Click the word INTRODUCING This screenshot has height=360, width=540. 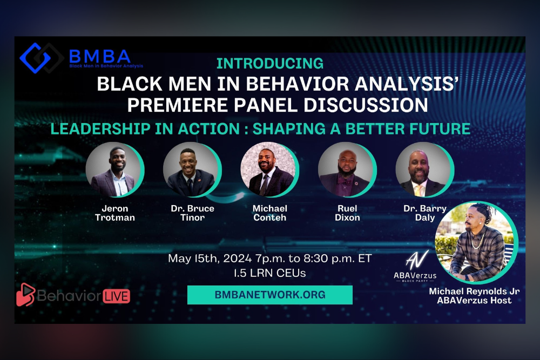[x=270, y=63]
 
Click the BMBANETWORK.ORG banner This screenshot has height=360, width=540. [x=270, y=295]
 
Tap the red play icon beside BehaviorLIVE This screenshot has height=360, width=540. [x=26, y=295]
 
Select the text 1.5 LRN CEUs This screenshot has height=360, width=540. [x=269, y=273]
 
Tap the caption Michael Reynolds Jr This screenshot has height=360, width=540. [x=474, y=291]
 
